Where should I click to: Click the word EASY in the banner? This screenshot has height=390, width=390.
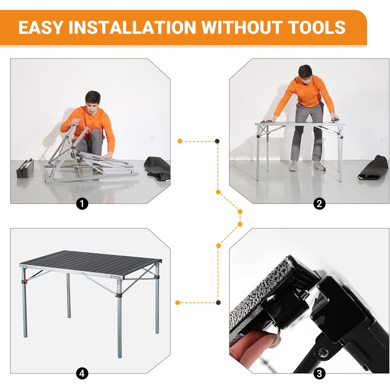tap(40, 27)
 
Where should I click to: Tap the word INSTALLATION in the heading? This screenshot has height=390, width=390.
tap(133, 27)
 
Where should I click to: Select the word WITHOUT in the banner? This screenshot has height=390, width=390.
tap(242, 27)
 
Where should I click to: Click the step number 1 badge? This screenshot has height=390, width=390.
tap(82, 204)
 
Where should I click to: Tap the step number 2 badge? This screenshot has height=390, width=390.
tap(319, 204)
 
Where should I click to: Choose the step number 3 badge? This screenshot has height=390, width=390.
tap(319, 374)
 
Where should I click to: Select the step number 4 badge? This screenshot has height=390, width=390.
tap(82, 374)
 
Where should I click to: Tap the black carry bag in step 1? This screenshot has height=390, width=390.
tap(157, 168)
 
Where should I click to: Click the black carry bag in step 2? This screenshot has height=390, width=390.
tap(373, 167)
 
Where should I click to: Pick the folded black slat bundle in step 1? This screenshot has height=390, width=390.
tap(25, 169)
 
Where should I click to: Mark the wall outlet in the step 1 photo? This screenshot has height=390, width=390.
tap(152, 138)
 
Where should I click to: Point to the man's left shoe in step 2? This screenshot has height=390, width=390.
tap(319, 165)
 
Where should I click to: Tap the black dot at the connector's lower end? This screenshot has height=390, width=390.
tap(218, 303)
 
